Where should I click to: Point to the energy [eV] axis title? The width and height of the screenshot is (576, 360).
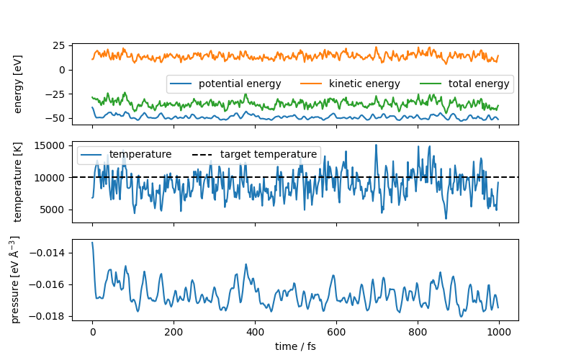pos(19,84)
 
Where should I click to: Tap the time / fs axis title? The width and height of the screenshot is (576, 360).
pos(295,346)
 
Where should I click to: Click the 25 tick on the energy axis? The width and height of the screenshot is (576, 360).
pos(58,45)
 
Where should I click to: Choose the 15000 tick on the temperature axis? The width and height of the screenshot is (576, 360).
pos(50,145)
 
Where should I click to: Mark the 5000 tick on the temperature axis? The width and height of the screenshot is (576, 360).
pos(53,210)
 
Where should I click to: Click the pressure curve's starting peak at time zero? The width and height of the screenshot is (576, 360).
pos(92,243)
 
